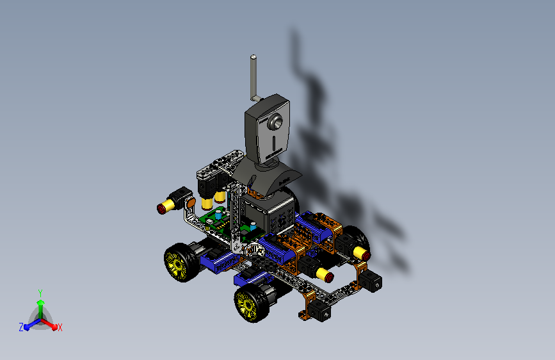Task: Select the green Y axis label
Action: pyautogui.click(x=40, y=292)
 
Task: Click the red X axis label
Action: pyautogui.click(x=60, y=328)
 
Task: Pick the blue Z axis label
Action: pyautogui.click(x=21, y=327)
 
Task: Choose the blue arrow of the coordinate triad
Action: pyautogui.click(x=29, y=325)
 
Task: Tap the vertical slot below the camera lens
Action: pyautogui.click(x=273, y=140)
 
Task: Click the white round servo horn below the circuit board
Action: pyautogui.click(x=252, y=249)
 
